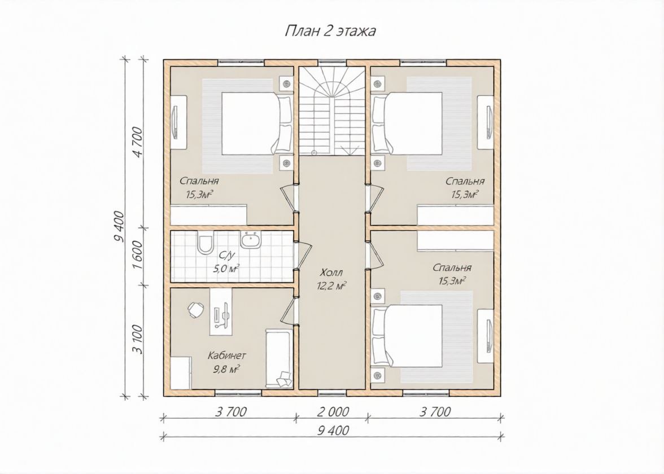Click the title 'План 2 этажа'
[330, 32]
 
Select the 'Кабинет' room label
[227, 355]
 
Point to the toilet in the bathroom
[206, 243]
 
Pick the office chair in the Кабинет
[195, 310]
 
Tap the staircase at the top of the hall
[331, 111]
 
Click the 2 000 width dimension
[331, 411]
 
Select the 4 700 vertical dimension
[139, 142]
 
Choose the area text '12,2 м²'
[331, 286]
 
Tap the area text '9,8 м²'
[227, 370]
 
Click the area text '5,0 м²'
[226, 269]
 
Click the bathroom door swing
[303, 256]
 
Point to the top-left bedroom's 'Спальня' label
[199, 181]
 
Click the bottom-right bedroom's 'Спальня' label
[452, 268]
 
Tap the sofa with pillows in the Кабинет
[279, 358]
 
